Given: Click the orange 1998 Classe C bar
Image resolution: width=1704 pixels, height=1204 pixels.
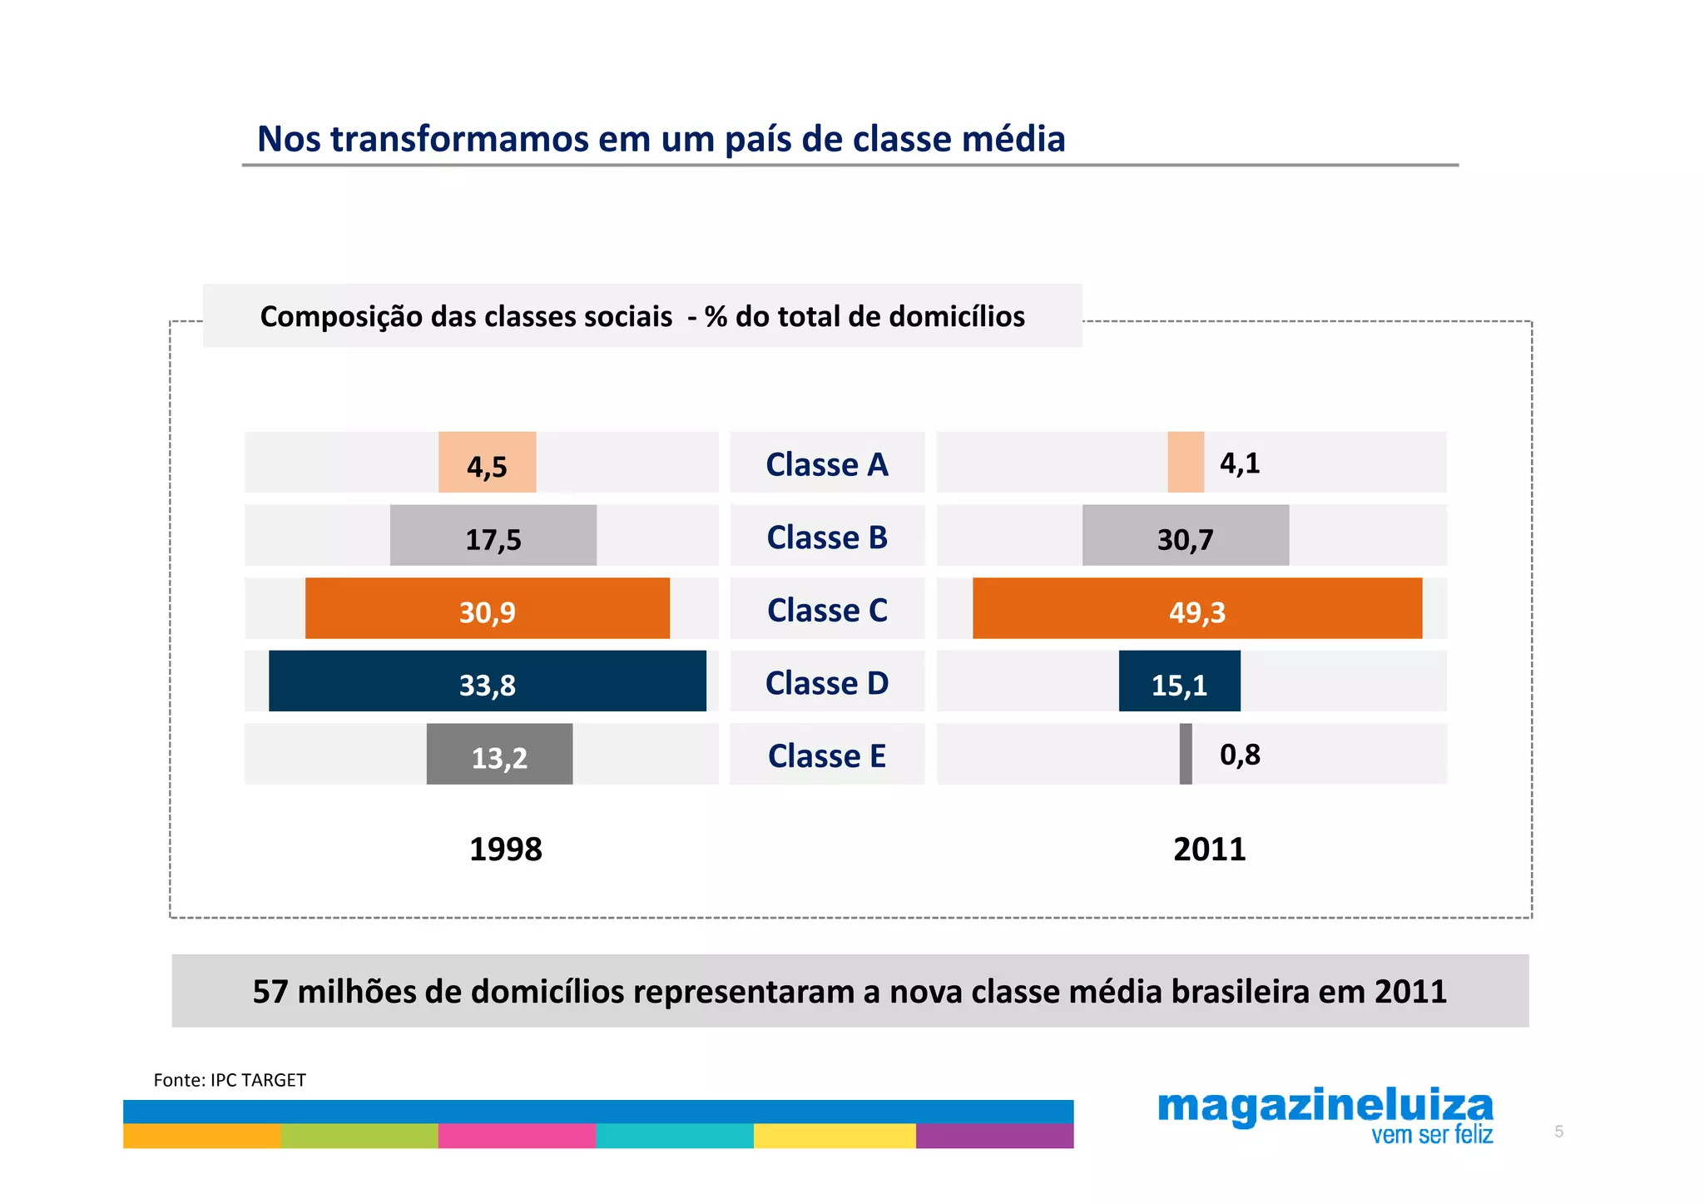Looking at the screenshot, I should pyautogui.click(x=487, y=608).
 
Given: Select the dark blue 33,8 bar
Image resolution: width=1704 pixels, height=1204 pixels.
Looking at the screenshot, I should pyautogui.click(x=487, y=681).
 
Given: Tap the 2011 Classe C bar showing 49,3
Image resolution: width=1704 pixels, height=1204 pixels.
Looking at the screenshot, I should pyautogui.click(x=1196, y=608).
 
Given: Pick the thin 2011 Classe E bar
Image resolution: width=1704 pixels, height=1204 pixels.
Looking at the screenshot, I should pyautogui.click(x=1186, y=754).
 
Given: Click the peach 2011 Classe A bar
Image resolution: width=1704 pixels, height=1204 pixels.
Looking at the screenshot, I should pyautogui.click(x=1186, y=462).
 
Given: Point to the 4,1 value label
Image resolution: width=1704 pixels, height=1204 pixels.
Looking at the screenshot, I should pyautogui.click(x=1240, y=463).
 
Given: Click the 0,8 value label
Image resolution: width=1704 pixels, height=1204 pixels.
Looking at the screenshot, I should pyautogui.click(x=1240, y=755).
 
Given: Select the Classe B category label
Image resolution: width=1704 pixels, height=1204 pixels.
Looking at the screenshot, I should pyautogui.click(x=827, y=537).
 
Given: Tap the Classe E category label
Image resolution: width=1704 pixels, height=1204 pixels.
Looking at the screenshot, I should pyautogui.click(x=827, y=756).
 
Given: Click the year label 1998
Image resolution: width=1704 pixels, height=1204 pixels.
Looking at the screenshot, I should pyautogui.click(x=505, y=850).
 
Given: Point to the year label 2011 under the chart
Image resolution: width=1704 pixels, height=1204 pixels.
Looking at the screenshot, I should pyautogui.click(x=1209, y=850).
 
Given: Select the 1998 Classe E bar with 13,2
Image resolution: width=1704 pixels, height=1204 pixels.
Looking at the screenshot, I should pyautogui.click(x=499, y=755).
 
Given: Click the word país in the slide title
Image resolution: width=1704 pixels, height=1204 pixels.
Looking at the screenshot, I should pyautogui.click(x=759, y=139).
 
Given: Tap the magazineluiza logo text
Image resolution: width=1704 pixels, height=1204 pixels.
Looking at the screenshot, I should pyautogui.click(x=1325, y=1107).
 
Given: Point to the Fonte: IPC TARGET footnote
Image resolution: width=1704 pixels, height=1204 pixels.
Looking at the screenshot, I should pyautogui.click(x=230, y=1080).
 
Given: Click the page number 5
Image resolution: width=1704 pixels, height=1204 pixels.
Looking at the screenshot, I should pyautogui.click(x=1558, y=1132).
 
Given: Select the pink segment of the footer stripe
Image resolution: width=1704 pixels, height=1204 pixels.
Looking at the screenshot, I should pyautogui.click(x=517, y=1136).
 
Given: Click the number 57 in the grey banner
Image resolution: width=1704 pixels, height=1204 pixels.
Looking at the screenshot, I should pyautogui.click(x=270, y=992).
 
